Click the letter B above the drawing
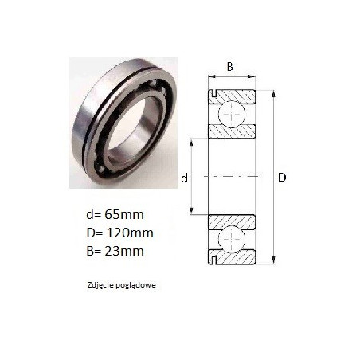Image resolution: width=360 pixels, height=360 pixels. click(x=230, y=67)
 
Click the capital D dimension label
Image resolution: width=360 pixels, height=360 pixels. click(x=282, y=178)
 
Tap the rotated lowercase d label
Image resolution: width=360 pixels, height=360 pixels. click(x=185, y=178)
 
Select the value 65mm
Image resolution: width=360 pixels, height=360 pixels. click(x=124, y=214)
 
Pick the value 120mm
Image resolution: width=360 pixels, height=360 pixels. click(x=130, y=233)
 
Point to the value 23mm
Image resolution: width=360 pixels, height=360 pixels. click(x=124, y=251)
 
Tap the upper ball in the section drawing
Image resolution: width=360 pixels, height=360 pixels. click(x=232, y=114)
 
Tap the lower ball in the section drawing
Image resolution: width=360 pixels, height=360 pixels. click(x=232, y=238)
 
